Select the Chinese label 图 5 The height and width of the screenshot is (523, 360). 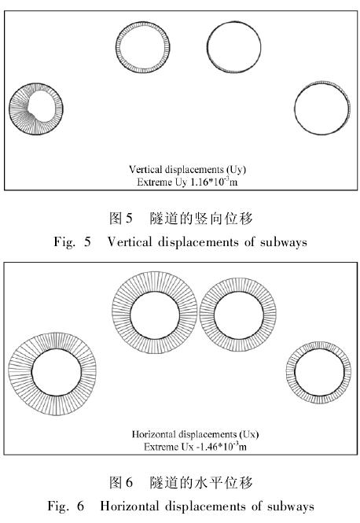[121, 219]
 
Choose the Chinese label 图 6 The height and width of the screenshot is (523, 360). [121, 482]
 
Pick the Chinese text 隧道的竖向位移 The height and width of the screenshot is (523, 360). [201, 219]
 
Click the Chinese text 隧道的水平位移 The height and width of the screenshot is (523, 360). [201, 482]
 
